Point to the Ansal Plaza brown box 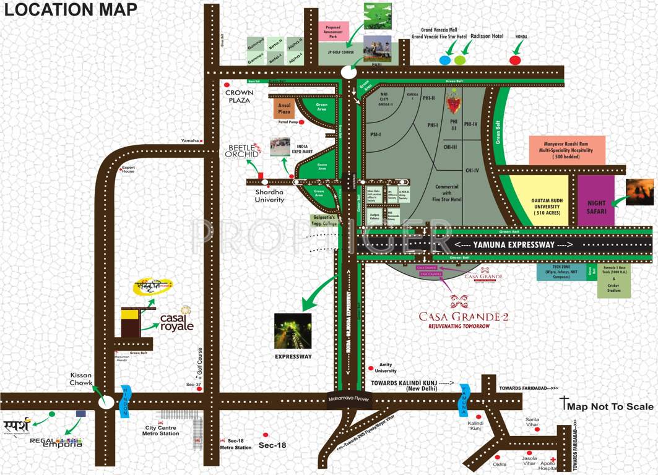[x=284, y=108]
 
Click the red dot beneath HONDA [x=514, y=60]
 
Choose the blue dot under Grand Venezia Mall [x=444, y=60]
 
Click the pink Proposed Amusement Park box [x=334, y=30]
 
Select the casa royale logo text [x=177, y=322]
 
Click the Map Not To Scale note [x=610, y=406]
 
